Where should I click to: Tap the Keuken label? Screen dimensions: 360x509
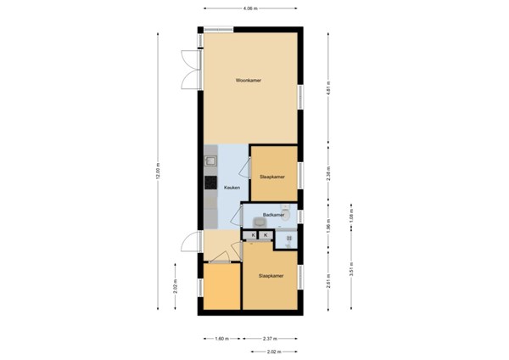232,187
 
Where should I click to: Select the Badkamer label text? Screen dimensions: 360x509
271,215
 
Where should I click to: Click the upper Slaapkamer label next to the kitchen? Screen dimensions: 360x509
271,177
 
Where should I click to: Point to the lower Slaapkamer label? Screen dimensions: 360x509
270,277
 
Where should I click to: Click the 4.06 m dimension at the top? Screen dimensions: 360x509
251,8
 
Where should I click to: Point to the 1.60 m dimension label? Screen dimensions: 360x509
222,337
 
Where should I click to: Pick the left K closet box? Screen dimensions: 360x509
253,234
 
